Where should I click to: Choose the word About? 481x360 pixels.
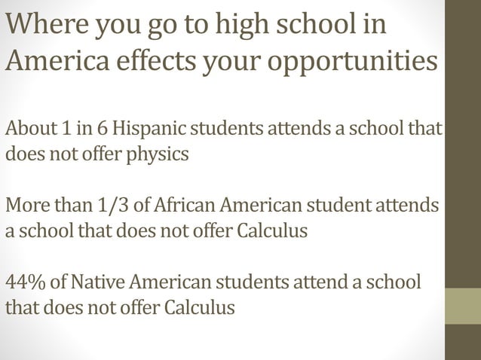29,129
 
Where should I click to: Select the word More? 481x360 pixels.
28,205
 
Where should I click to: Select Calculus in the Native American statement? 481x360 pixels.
199,307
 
